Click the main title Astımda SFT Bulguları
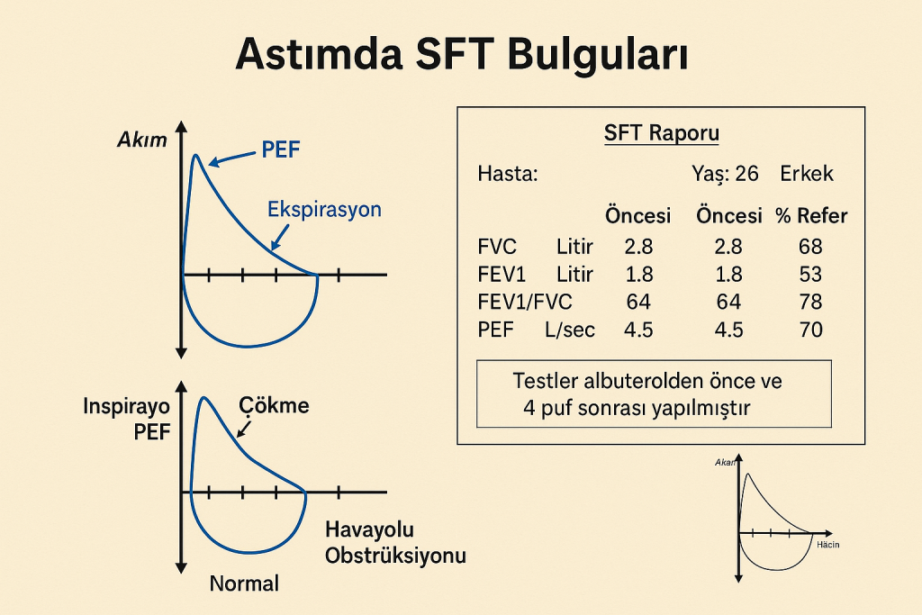click(x=462, y=54)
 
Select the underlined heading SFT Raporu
click(x=662, y=133)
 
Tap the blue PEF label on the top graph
click(x=281, y=149)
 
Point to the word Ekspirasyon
click(x=324, y=209)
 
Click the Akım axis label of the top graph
click(x=142, y=140)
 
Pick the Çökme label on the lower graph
click(x=274, y=405)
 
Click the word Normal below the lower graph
click(x=244, y=583)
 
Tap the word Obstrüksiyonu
click(x=395, y=556)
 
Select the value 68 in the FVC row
click(x=810, y=247)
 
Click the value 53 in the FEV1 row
click(x=810, y=274)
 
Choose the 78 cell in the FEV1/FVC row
click(x=810, y=302)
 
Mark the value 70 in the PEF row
click(x=810, y=330)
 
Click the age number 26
click(x=746, y=174)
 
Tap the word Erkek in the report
click(x=807, y=174)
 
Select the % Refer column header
click(x=811, y=216)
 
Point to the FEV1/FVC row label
click(x=525, y=302)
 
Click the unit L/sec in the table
click(x=570, y=330)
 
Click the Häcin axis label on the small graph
click(x=828, y=545)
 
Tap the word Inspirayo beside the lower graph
click(x=126, y=406)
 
